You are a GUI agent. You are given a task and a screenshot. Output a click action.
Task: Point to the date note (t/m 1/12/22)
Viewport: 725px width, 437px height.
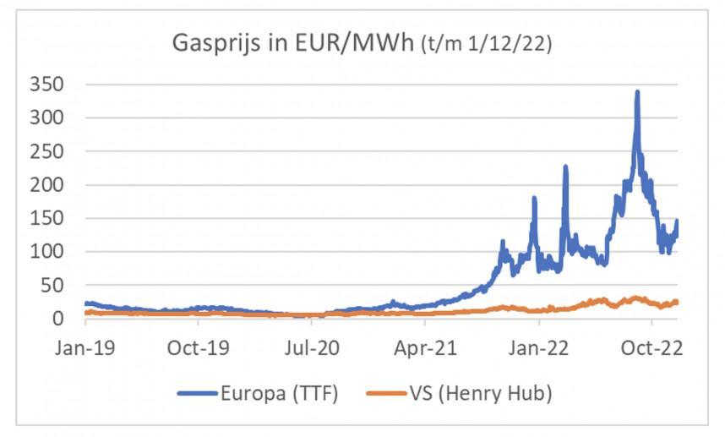[x=486, y=44]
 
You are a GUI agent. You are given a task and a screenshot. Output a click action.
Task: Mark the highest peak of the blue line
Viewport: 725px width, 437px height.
[x=637, y=92]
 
